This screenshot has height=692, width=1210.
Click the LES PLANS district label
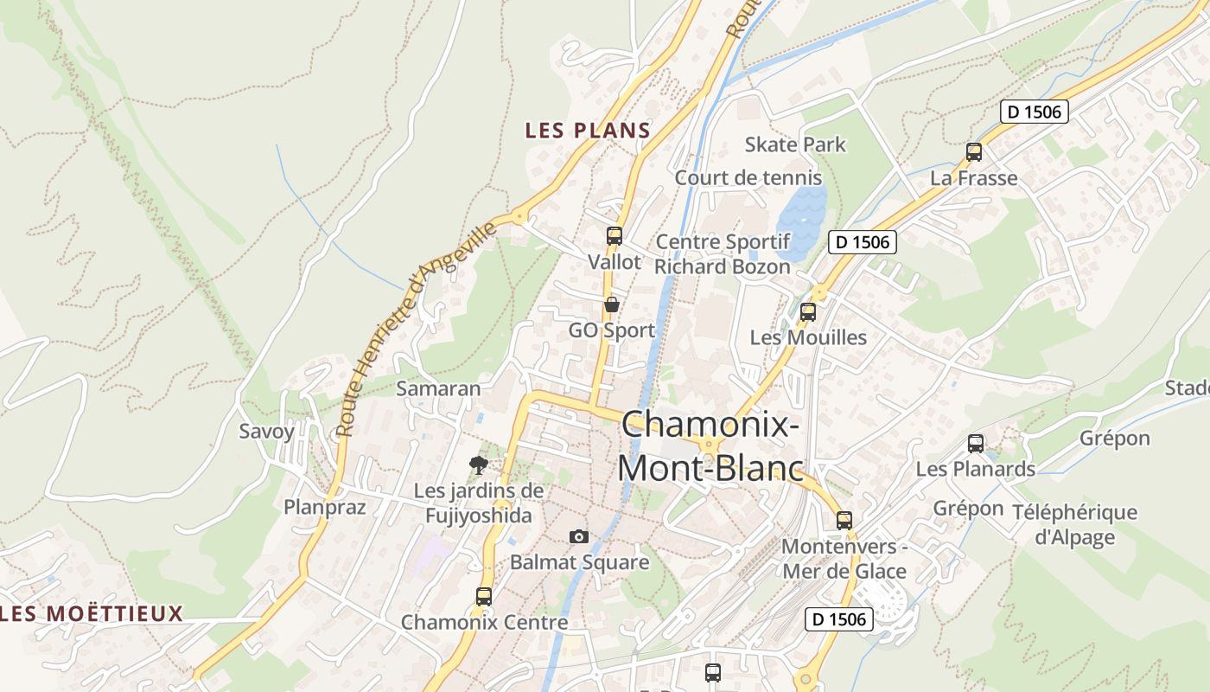pos(588,131)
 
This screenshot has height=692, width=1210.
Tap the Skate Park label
pos(795,144)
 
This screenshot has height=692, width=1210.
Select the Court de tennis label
pos(748,177)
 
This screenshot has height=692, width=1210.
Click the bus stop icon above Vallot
pos(615,235)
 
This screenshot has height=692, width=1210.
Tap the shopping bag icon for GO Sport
pos(612,304)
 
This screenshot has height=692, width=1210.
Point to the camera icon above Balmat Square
pos(579,536)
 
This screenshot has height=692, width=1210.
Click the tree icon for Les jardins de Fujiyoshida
pos(478,465)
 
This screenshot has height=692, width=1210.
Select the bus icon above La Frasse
pos(974,152)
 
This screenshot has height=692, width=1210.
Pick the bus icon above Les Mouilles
pos(808,312)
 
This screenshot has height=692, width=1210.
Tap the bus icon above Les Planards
pos(976,444)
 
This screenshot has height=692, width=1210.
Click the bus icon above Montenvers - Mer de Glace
pos(844,521)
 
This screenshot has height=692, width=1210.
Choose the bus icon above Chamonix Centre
pos(484,596)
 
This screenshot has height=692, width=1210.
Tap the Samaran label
pos(438,388)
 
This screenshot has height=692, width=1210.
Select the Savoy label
pos(267,431)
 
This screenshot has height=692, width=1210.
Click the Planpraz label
pos(325,507)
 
